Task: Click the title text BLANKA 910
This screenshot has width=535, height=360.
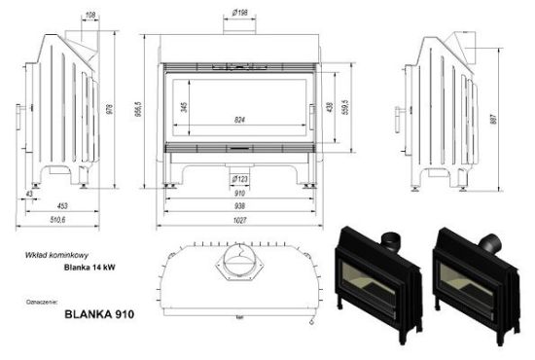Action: (92, 315)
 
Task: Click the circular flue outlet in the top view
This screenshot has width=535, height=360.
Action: (238, 260)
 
